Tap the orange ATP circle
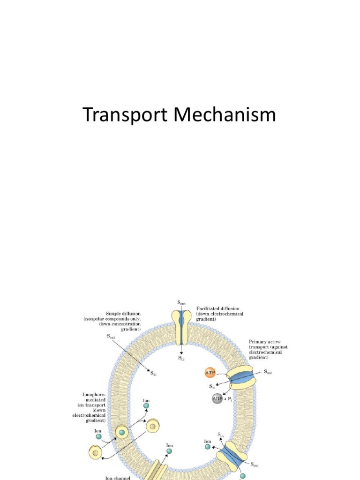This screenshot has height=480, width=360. (x=210, y=373)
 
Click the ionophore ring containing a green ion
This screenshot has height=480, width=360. (x=122, y=432)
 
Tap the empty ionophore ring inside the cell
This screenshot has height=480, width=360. (x=153, y=426)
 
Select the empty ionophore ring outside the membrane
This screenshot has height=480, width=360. (x=96, y=452)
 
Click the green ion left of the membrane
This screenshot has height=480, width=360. (x=99, y=436)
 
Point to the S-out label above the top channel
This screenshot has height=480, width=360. (x=180, y=304)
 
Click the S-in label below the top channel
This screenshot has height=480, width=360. (x=181, y=358)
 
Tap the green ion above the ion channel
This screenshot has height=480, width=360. (x=169, y=451)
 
